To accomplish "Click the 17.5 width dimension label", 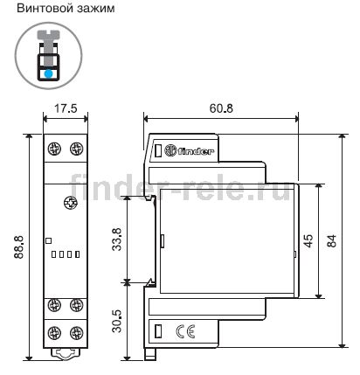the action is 66,108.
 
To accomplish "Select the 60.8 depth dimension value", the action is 221,108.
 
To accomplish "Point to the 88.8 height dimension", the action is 19,247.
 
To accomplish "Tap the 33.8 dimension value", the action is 117,240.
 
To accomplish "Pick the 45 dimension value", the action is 308,241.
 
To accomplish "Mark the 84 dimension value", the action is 331,241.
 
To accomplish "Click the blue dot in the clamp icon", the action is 48,73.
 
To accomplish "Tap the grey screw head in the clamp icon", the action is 48,35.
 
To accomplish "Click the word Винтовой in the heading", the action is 41,8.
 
